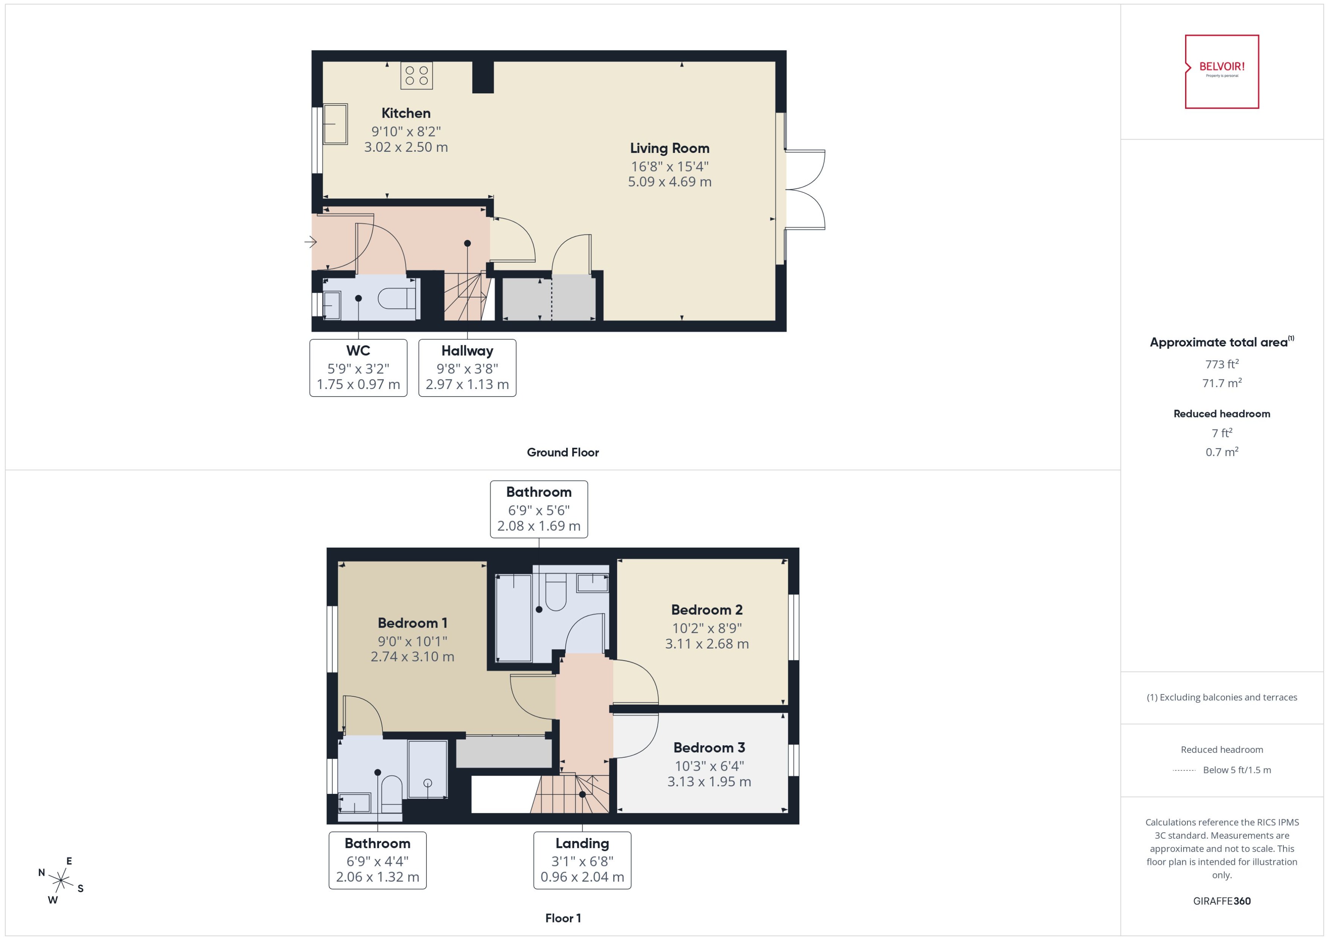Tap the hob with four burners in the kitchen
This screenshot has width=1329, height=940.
(x=417, y=75)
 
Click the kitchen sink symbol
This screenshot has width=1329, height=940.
(x=335, y=123)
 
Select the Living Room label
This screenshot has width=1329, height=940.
(x=669, y=148)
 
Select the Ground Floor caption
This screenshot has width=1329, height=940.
(x=562, y=452)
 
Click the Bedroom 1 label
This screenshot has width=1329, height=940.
(x=412, y=623)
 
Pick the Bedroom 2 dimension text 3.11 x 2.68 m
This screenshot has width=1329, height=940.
(x=707, y=644)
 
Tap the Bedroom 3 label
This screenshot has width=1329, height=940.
(x=709, y=747)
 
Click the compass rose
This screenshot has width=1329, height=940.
(x=60, y=881)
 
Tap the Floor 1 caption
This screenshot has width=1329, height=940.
(x=562, y=918)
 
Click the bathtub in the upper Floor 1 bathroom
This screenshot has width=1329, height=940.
(x=514, y=617)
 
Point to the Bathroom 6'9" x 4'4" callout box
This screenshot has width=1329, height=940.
(x=377, y=860)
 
